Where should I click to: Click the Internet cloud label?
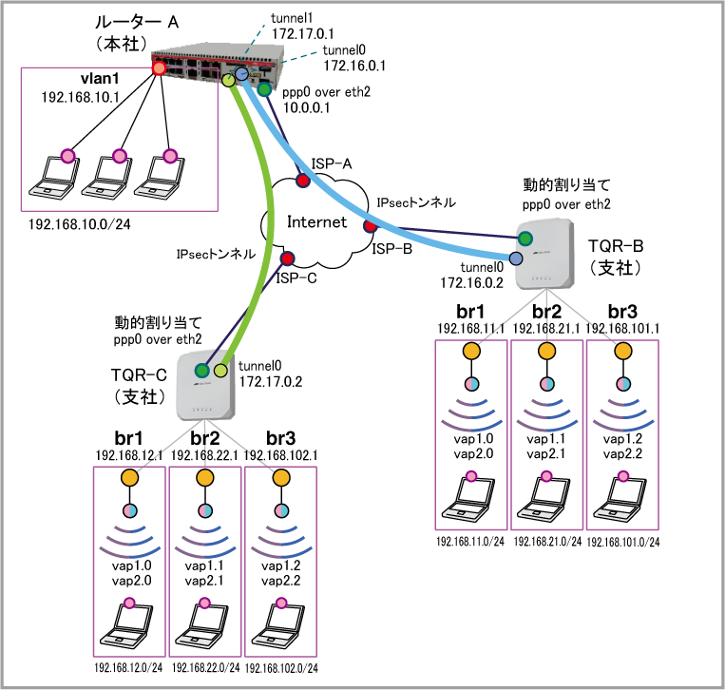click(x=316, y=222)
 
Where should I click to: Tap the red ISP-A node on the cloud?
click(x=303, y=180)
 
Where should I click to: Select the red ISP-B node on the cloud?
click(x=371, y=225)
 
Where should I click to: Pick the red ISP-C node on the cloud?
click(x=287, y=259)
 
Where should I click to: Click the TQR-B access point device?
click(x=544, y=255)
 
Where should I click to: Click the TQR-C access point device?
click(x=205, y=386)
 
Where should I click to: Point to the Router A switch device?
click(x=219, y=64)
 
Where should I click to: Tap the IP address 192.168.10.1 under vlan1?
click(x=81, y=97)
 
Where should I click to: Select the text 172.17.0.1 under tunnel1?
click(x=303, y=34)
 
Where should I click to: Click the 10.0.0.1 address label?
click(x=307, y=107)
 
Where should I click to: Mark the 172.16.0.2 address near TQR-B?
click(x=471, y=282)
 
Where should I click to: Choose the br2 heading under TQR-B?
click(x=546, y=311)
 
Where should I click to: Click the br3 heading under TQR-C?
click(x=280, y=438)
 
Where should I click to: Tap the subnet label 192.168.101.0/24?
click(x=623, y=542)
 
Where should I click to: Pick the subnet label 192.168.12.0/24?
click(x=128, y=668)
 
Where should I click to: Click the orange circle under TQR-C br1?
click(x=129, y=478)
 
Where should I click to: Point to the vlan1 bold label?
click(x=100, y=79)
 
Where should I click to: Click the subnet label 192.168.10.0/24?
click(x=80, y=224)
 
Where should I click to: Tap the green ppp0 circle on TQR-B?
click(x=525, y=239)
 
